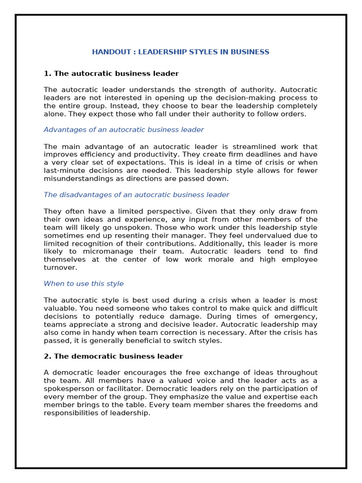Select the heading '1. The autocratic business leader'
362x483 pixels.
click(111, 74)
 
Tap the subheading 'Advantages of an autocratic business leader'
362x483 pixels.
click(123, 130)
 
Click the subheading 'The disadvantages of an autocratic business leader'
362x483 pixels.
click(136, 195)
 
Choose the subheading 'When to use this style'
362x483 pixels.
click(83, 283)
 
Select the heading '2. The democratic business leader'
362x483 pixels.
click(113, 356)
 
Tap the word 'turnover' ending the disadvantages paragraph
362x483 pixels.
click(59, 267)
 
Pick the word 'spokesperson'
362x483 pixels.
click(68, 389)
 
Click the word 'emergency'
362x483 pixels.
click(299, 316)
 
